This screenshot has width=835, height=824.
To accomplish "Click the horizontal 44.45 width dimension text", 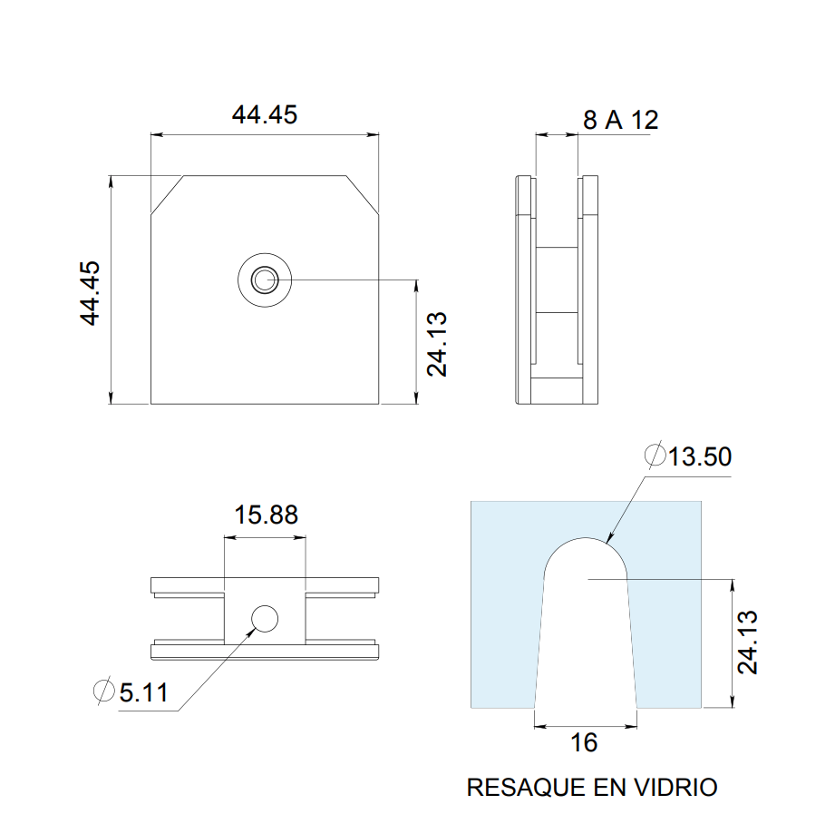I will coord(264,115).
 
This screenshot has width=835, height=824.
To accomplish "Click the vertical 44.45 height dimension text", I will coord(90,293).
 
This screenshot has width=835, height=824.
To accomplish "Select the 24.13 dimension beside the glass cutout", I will coord(748,643).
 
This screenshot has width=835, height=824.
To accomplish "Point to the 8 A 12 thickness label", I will coord(620,120).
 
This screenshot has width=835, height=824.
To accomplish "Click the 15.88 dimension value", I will coord(266,515).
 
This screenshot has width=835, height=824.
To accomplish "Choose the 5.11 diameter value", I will coord(143,692).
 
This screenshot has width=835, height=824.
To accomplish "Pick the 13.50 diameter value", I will coord(699,456).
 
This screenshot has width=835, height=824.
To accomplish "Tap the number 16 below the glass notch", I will coord(585,743).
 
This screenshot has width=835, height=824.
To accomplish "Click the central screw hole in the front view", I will coord(265,280).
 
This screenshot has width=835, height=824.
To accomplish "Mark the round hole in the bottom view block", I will coord(265,619).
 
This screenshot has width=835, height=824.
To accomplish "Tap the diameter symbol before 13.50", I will coord(654,456).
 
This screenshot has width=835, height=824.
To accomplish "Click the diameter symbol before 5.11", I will coord(104,692).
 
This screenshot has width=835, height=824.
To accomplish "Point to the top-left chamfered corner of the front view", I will coord(167,194).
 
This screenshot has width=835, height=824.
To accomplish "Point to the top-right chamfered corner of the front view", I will coord(363,194).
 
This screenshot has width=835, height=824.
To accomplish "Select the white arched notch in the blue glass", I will coord(586,626).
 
